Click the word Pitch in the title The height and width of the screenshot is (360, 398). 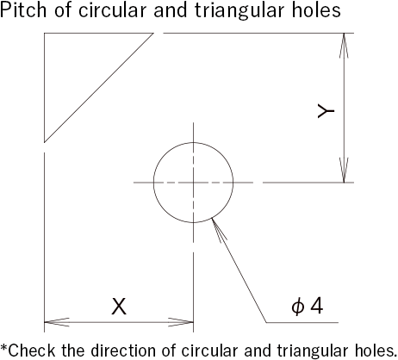[x=23, y=9]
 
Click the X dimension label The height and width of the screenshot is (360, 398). [x=119, y=307]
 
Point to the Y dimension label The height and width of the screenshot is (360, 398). [x=326, y=111]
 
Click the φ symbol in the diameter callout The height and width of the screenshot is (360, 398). [x=297, y=307]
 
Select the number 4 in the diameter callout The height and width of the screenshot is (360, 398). [x=316, y=306]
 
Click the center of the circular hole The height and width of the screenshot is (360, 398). [x=193, y=183]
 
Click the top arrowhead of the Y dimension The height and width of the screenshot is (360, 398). [x=344, y=46]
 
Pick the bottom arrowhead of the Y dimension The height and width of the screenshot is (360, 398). [x=344, y=170]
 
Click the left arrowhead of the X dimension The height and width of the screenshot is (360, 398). [x=57, y=322]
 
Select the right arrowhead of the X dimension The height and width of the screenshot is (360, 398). [x=181, y=322]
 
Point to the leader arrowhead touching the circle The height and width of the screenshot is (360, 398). [x=218, y=229]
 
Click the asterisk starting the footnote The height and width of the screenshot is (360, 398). [x=4, y=348]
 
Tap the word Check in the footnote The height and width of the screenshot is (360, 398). [x=32, y=351]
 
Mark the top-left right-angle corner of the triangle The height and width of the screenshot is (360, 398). [x=44, y=33]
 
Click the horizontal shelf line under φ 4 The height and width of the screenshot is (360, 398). [x=302, y=322]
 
